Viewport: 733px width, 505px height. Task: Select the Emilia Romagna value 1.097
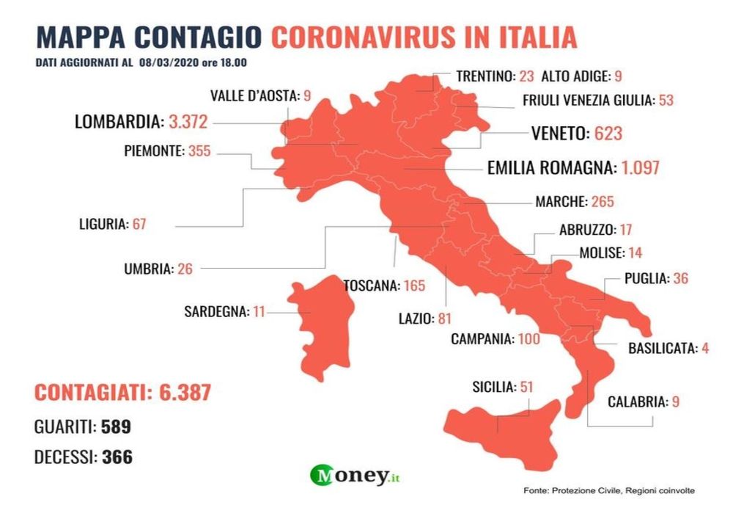point(640,167)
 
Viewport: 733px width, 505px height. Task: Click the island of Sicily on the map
point(506,426)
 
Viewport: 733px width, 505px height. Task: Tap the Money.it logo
point(359,476)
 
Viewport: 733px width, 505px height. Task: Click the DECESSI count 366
point(117,457)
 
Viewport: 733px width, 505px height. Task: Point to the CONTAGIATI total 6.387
point(185,393)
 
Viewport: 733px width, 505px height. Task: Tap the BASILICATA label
point(661,349)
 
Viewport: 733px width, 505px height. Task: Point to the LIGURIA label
point(103,224)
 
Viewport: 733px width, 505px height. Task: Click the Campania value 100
point(528,339)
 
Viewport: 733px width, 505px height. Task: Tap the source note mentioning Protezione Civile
point(608,490)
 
